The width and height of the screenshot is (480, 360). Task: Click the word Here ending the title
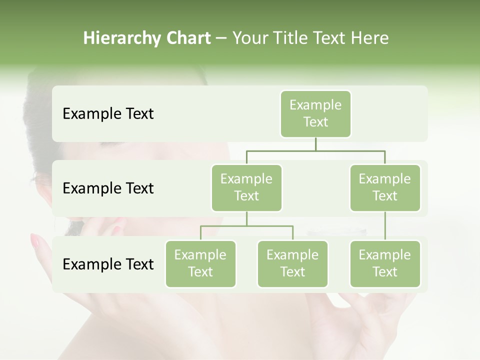[x=369, y=38]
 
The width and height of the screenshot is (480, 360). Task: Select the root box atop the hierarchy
[x=315, y=113]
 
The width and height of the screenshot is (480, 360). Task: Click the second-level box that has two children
[x=246, y=187]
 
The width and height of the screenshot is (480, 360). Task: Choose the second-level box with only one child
[x=385, y=187]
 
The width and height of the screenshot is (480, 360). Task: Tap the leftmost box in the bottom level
[x=200, y=263]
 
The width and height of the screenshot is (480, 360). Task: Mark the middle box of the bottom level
[x=292, y=263]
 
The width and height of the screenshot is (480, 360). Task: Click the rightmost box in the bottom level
[x=385, y=263]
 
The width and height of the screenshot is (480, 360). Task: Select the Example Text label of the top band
[x=108, y=114]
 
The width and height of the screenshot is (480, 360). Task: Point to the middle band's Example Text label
[x=108, y=188]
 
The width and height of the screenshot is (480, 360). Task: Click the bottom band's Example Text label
[x=108, y=264]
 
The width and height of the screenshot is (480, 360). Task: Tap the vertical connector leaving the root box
[x=315, y=144]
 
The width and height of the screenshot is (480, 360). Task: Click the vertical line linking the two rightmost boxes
[x=385, y=226]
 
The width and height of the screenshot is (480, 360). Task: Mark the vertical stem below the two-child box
[x=246, y=218]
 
